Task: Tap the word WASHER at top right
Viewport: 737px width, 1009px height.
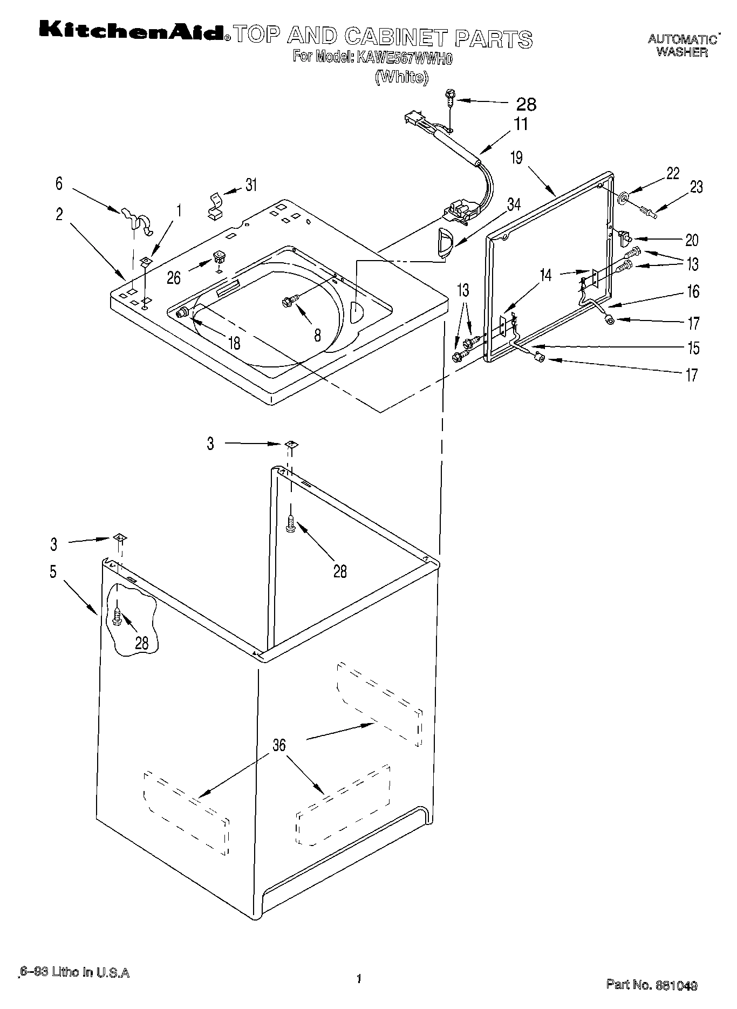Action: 682,53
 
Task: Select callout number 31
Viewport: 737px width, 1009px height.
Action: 251,185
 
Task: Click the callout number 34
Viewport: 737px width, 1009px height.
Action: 514,204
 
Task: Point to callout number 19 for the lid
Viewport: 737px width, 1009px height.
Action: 517,158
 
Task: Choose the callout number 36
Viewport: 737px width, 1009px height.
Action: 278,746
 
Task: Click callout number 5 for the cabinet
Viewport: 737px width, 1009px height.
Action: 53,571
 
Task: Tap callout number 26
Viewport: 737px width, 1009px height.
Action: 174,277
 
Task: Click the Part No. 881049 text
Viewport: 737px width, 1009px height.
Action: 651,985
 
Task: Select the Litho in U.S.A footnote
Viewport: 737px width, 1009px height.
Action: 74,972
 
